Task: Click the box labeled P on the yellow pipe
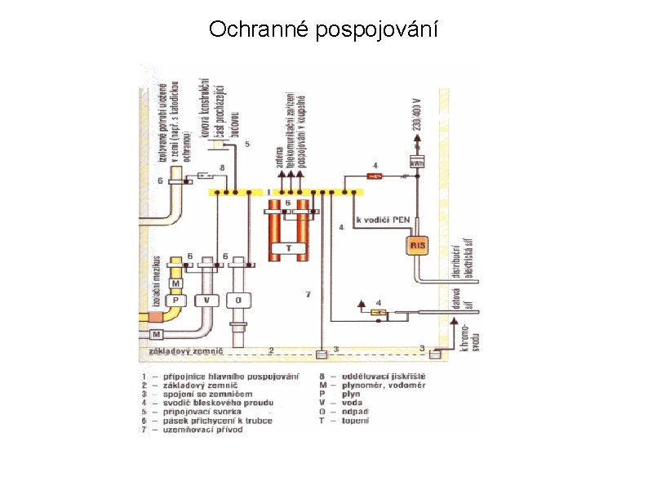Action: point(175,300)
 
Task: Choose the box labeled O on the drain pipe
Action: point(238,300)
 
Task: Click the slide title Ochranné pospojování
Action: point(323,30)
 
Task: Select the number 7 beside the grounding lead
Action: point(308,294)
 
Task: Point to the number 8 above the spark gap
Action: point(221,167)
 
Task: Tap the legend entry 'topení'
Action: point(355,421)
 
